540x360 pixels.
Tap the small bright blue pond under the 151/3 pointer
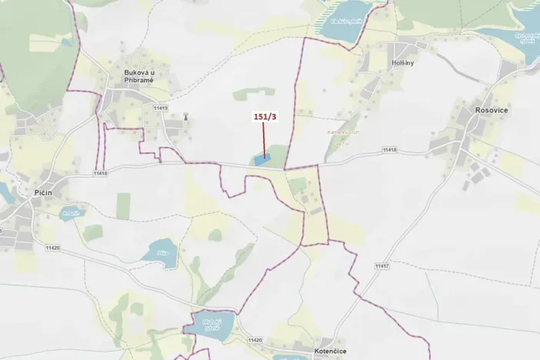coord(261,161)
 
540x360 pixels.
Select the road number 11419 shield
coord(160,108)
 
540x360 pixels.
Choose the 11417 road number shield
coord(383,266)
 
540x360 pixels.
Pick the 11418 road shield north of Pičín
coord(100,172)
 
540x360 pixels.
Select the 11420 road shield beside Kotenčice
coord(255,339)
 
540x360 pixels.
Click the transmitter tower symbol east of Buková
coord(185,118)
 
